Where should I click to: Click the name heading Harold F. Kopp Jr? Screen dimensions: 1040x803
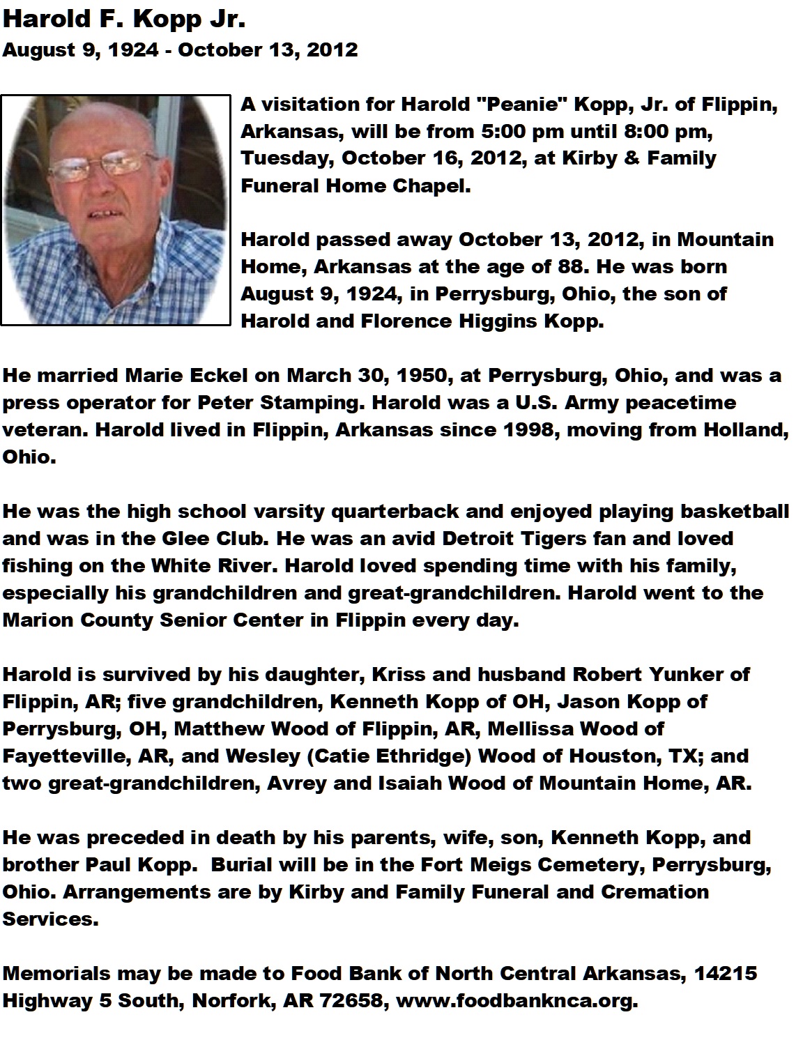coord(124,21)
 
